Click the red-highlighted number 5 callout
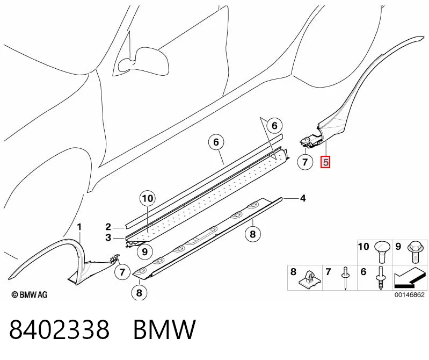(x=325, y=162)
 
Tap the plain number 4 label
(x=303, y=198)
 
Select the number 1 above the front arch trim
(x=79, y=227)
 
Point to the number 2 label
(x=108, y=227)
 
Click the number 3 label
(x=108, y=237)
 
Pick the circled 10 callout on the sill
(x=148, y=198)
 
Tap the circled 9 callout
(x=145, y=251)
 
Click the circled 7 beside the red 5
(x=305, y=162)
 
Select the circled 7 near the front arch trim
(x=122, y=272)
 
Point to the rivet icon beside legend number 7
(x=345, y=278)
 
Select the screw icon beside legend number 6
(x=380, y=278)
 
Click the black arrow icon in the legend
(x=410, y=278)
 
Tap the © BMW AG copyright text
(x=30, y=294)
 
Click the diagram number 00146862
(x=409, y=294)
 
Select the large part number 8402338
(x=60, y=329)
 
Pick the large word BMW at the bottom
(x=164, y=329)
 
